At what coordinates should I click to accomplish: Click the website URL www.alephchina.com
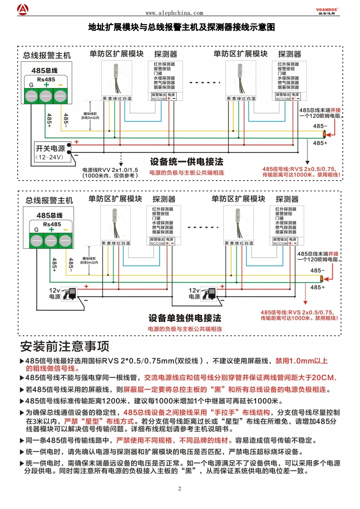174,14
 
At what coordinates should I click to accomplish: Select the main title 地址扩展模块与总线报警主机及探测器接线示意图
182,27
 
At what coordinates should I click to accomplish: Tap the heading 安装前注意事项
65,347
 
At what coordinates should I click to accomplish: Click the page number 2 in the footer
180,489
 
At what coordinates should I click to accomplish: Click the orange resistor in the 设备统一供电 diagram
324,135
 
